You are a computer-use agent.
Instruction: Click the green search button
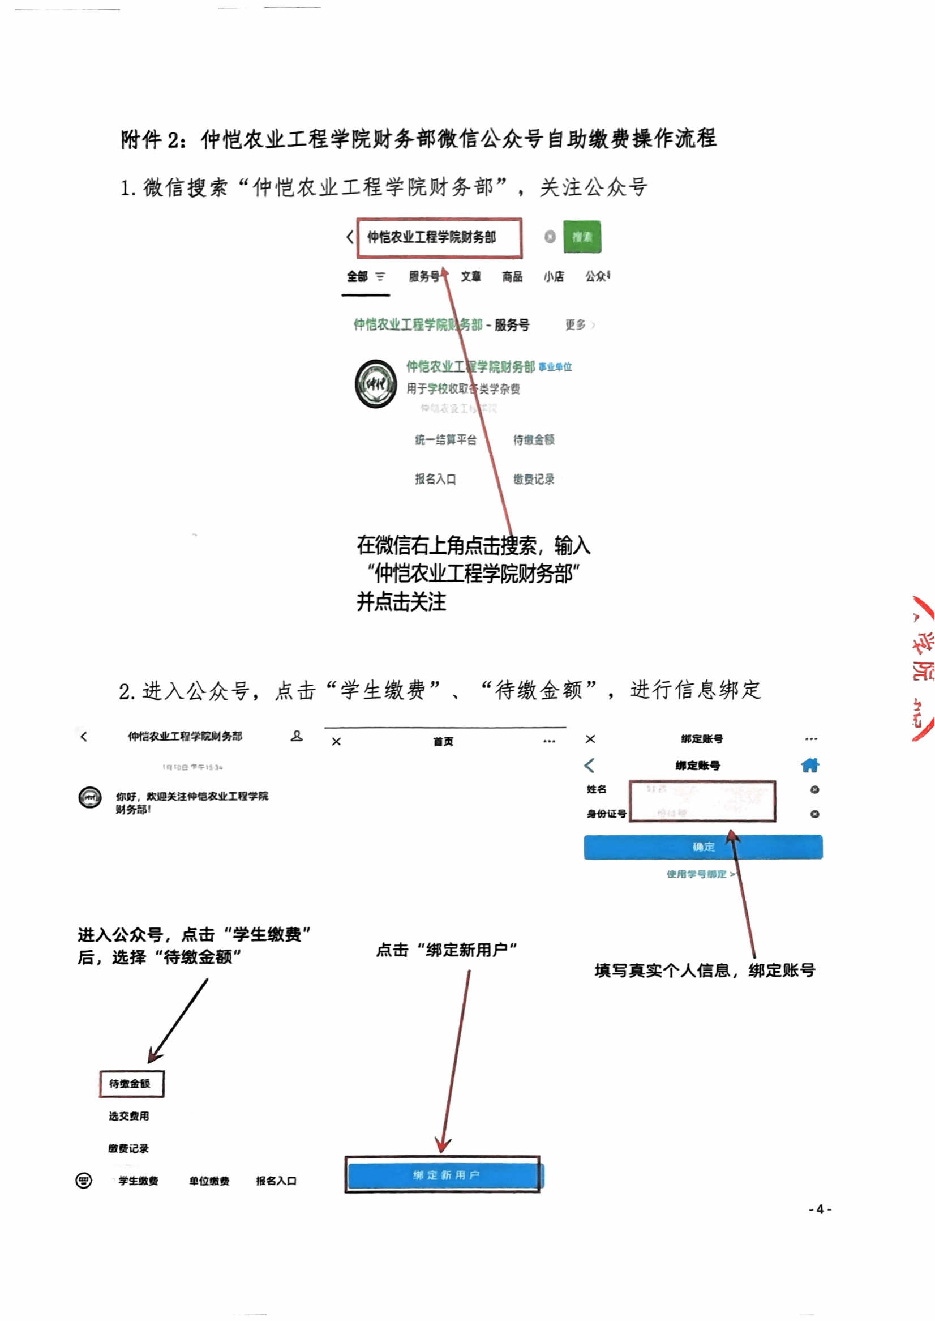click(581, 237)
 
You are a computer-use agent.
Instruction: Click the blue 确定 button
click(703, 847)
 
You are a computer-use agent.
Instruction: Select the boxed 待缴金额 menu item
click(131, 1084)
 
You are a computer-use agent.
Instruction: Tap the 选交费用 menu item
click(129, 1116)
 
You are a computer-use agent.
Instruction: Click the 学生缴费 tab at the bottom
click(138, 1181)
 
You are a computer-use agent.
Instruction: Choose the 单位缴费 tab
click(209, 1181)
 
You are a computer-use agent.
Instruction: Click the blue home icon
click(810, 766)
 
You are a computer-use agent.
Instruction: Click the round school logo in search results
click(375, 383)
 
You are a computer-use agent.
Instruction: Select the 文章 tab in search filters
click(470, 277)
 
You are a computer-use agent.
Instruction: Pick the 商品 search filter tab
click(512, 277)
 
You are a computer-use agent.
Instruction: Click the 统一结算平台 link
click(445, 440)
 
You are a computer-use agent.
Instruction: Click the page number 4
click(820, 1209)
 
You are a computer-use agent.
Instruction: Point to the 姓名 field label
click(597, 789)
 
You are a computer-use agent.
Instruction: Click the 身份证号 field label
click(606, 814)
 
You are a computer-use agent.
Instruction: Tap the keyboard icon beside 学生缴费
click(84, 1181)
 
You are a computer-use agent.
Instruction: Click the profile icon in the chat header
click(297, 736)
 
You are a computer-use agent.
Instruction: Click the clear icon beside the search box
click(550, 237)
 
